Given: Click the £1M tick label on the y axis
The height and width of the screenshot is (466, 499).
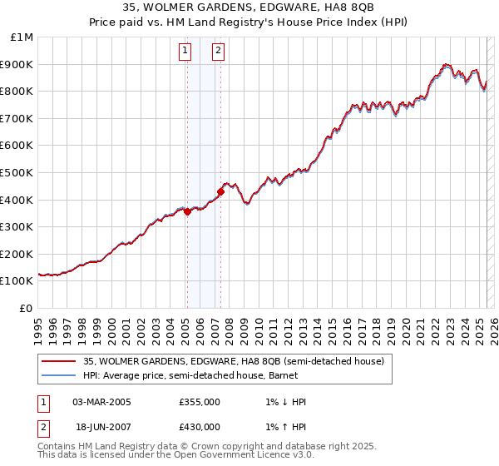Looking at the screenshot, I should tap(22, 37).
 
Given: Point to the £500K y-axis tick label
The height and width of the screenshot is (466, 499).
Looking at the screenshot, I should tap(18, 172).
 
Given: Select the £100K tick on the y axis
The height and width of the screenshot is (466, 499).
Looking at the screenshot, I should tap(18, 280).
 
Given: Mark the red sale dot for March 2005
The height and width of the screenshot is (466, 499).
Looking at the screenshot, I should tap(187, 211).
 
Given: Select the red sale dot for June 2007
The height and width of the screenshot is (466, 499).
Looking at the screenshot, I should tap(220, 191).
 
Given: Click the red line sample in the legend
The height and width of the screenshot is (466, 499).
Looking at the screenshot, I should tap(58, 362).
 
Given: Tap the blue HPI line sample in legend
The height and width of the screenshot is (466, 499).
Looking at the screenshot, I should tap(58, 376).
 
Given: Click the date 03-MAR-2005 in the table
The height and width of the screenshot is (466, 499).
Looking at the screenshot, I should tap(102, 402).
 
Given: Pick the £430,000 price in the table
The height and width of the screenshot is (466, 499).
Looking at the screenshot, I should tap(200, 427).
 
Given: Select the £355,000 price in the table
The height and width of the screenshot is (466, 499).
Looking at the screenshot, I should tap(200, 402).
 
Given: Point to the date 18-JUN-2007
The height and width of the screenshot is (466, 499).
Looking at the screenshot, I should tap(101, 427).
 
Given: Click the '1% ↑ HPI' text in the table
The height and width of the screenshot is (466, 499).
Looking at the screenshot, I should tap(282, 427).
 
